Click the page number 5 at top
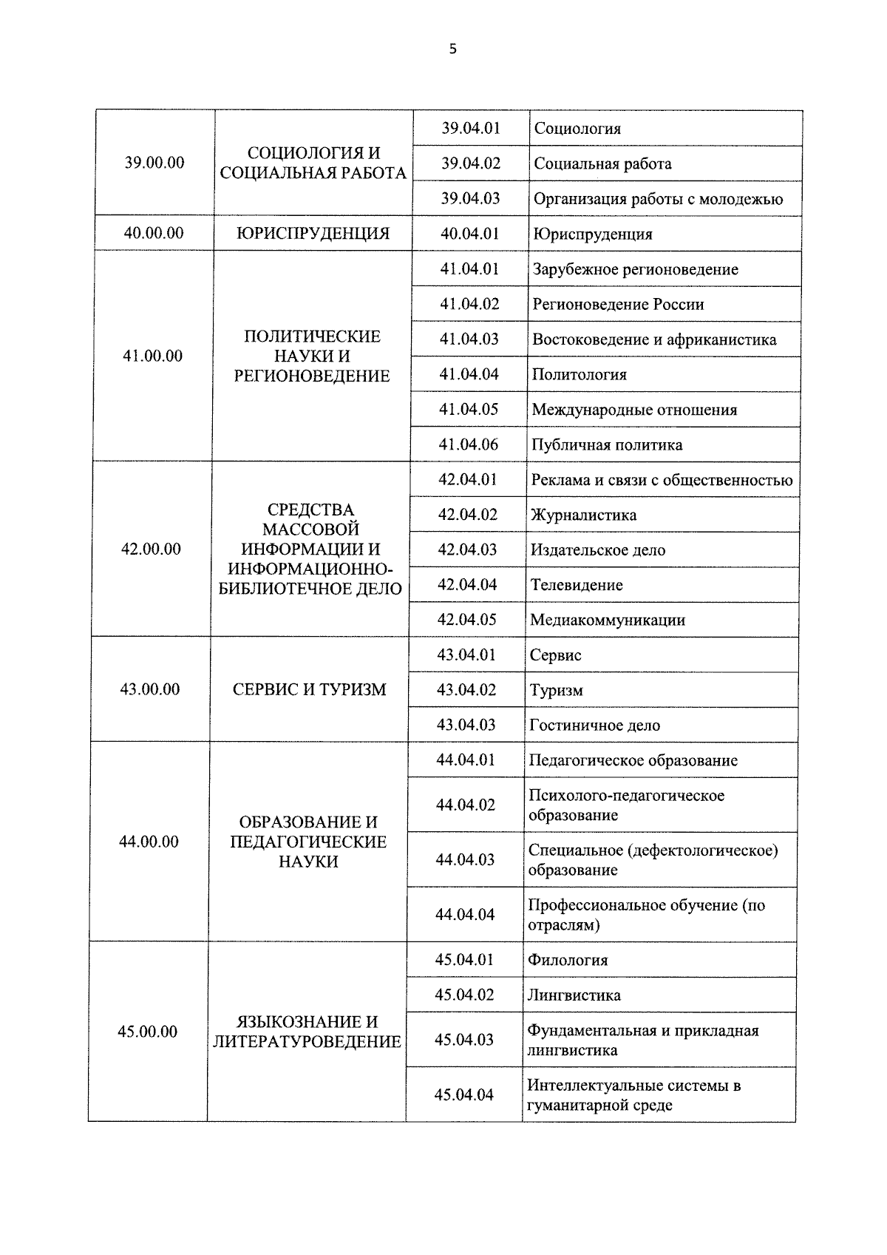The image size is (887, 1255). click(x=452, y=50)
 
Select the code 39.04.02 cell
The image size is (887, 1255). click(x=471, y=163)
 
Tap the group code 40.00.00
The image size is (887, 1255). click(x=154, y=233)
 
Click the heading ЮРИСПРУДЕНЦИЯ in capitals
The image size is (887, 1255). click(x=313, y=234)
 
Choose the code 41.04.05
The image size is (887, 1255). click(x=469, y=409)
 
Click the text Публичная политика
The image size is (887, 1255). click(x=607, y=444)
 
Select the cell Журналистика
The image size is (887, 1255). click(x=583, y=515)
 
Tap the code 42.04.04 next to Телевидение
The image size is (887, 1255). click(x=467, y=584)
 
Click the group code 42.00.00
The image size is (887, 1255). click(x=151, y=549)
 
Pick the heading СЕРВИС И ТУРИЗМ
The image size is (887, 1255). click(x=309, y=689)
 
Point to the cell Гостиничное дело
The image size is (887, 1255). click(x=594, y=725)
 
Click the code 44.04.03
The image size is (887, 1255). click(x=465, y=859)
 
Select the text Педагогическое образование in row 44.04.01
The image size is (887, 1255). click(x=633, y=760)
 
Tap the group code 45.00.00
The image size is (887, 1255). click(x=148, y=1032)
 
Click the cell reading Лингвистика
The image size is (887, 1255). click(x=574, y=995)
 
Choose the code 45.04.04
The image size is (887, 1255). click(x=463, y=1095)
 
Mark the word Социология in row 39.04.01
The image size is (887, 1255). click(x=577, y=129)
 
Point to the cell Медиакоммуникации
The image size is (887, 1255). click(x=608, y=620)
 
